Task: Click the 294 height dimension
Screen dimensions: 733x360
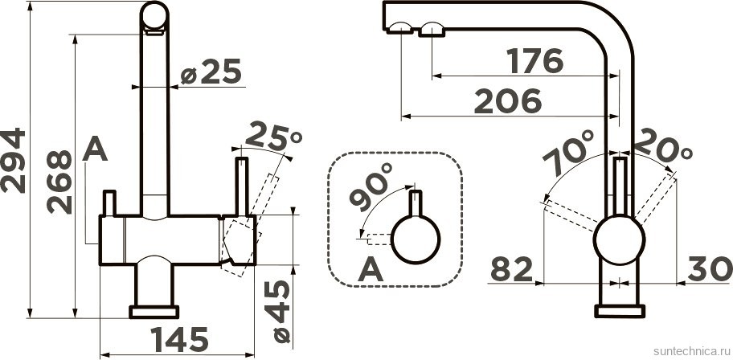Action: tap(13, 161)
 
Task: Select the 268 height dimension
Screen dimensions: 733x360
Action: tap(59, 182)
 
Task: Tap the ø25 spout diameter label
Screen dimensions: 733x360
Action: tap(211, 72)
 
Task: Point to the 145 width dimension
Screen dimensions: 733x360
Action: tap(179, 339)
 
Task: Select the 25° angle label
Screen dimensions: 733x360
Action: tap(273, 136)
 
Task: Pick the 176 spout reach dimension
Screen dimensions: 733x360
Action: tap(535, 61)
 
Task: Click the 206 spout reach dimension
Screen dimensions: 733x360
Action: tap(508, 101)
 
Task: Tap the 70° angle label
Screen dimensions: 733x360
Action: tap(568, 152)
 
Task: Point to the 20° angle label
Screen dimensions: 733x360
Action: tap(663, 146)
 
